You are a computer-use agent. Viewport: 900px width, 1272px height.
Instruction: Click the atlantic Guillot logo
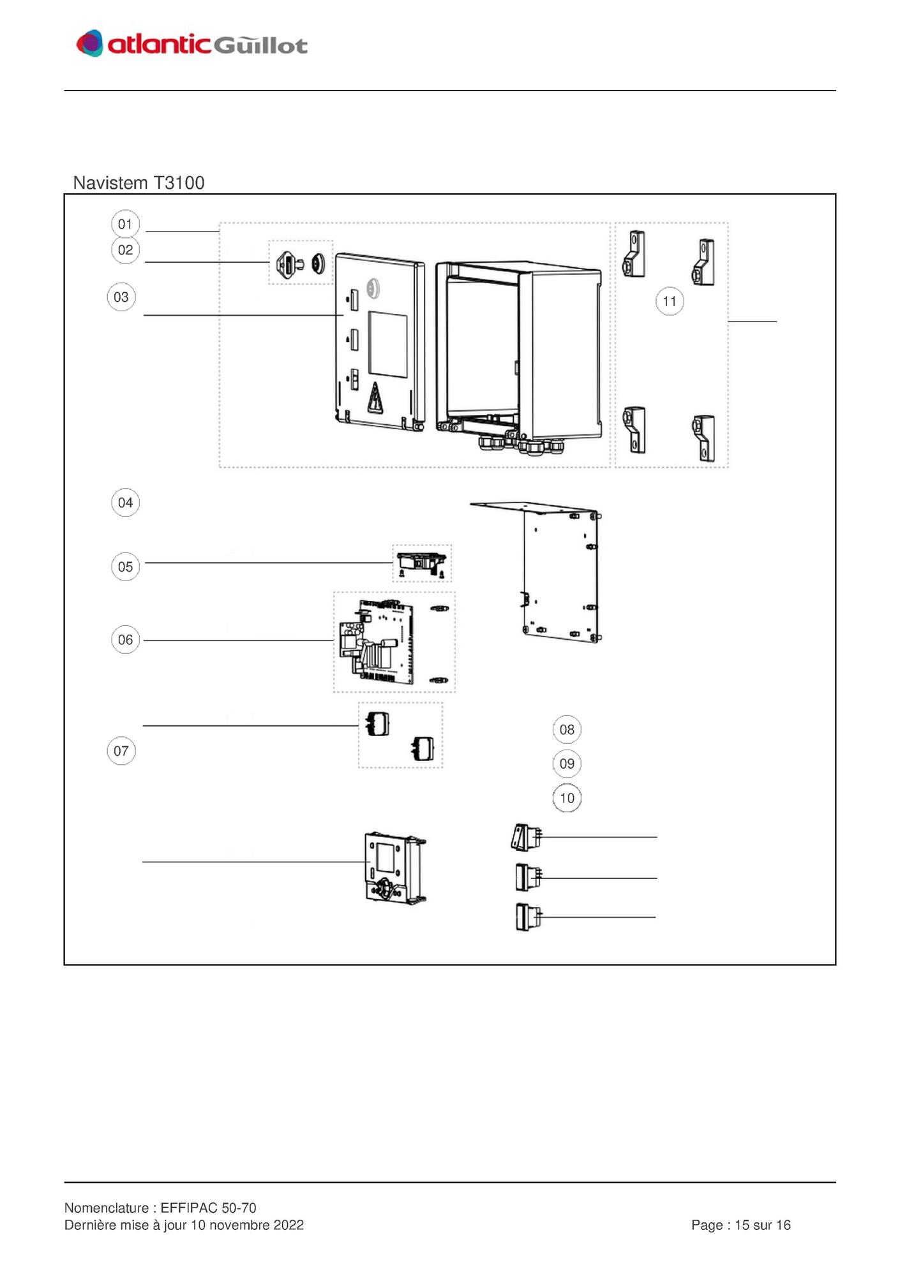pyautogui.click(x=191, y=43)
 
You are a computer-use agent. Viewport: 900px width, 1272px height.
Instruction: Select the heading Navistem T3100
pyautogui.click(x=139, y=182)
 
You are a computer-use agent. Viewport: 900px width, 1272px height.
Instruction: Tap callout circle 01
pyautogui.click(x=125, y=224)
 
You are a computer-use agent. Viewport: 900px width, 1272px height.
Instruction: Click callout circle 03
pyautogui.click(x=121, y=297)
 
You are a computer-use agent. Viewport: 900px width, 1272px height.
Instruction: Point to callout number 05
pyautogui.click(x=125, y=566)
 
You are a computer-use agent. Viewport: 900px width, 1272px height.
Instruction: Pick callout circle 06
pyautogui.click(x=125, y=639)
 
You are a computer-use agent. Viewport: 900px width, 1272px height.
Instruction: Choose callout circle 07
pyautogui.click(x=121, y=751)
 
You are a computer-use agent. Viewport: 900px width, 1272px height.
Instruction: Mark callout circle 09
pyautogui.click(x=567, y=764)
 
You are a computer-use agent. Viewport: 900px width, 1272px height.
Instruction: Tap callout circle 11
pyautogui.click(x=670, y=301)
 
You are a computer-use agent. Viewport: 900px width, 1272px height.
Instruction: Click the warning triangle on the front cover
pyautogui.click(x=375, y=397)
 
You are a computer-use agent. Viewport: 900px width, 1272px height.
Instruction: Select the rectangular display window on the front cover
pyautogui.click(x=388, y=344)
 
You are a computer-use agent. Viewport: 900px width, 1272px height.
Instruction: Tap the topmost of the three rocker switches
pyautogui.click(x=527, y=837)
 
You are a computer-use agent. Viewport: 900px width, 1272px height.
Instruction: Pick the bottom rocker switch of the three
pyautogui.click(x=528, y=917)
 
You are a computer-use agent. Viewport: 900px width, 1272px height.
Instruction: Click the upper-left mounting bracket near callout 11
pyautogui.click(x=634, y=254)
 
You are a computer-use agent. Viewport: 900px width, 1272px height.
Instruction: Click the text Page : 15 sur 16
pyautogui.click(x=740, y=1225)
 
